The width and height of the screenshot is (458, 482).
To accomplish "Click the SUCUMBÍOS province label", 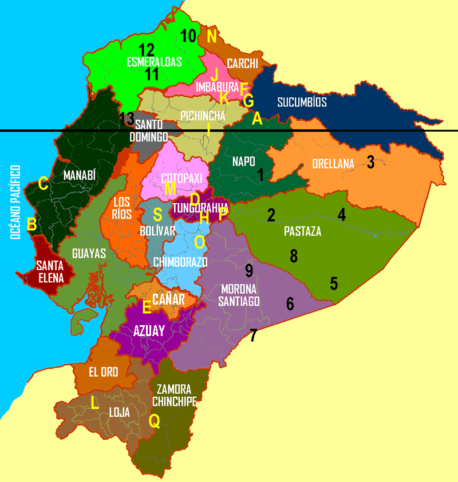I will click(x=302, y=102).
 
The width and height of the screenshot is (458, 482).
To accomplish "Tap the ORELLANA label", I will click(x=333, y=164).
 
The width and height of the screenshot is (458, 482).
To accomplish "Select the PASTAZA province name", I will click(x=302, y=232).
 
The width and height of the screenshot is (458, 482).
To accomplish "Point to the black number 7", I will click(x=253, y=335).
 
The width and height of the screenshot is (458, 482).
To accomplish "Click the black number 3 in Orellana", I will click(x=370, y=162).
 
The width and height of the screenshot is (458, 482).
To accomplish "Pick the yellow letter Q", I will click(x=154, y=421).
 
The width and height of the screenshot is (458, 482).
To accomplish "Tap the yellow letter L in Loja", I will click(x=94, y=403).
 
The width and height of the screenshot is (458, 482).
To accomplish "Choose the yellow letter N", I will click(x=212, y=37).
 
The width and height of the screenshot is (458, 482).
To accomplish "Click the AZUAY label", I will click(x=149, y=330).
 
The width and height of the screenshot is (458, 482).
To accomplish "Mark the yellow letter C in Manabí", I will click(x=43, y=184).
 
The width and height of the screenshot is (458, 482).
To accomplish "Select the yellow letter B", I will click(x=32, y=224).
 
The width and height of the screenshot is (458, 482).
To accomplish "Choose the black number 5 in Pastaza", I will click(x=334, y=283).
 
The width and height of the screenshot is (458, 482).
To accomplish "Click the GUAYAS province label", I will click(x=89, y=254).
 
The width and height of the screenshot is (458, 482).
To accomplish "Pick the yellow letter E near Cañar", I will click(x=147, y=307).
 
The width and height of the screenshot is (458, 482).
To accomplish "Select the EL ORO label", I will click(x=103, y=372).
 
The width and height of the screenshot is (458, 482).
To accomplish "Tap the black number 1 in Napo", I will click(x=261, y=175).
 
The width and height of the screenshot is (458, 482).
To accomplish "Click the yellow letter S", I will click(x=157, y=214).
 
